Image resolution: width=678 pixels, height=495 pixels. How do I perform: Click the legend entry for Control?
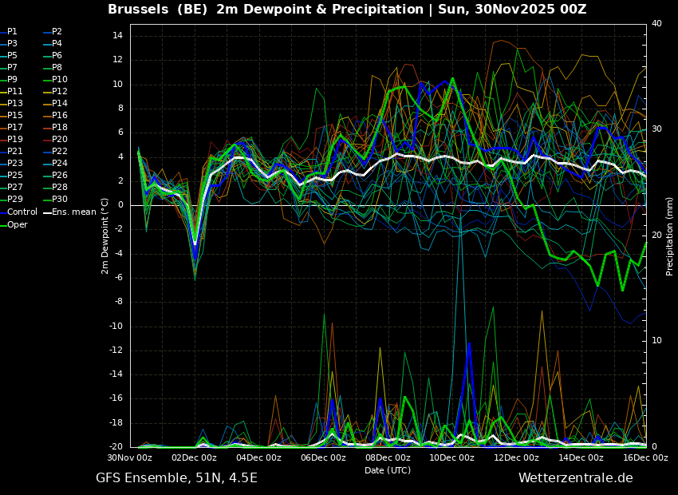point(22,212)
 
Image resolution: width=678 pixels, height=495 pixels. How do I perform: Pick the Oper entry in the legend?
point(18,224)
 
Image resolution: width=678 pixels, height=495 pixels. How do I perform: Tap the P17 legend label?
point(15,127)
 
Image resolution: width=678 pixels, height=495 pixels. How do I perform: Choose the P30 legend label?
point(60,199)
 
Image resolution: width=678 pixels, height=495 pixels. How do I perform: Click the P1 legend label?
point(12,31)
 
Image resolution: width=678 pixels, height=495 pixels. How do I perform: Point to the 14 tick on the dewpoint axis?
point(116,36)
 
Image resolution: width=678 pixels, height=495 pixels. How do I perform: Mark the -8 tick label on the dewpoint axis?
point(116,302)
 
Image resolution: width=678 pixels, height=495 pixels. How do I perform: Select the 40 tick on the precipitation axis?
point(656,24)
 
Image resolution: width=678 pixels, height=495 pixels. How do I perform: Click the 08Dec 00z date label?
point(388,458)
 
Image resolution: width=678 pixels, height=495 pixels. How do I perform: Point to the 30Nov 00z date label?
point(130,458)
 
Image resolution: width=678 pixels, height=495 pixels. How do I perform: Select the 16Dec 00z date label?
point(645,458)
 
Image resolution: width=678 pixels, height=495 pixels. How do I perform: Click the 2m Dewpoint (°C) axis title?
point(104,236)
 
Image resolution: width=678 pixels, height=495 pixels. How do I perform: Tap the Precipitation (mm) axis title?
point(670,236)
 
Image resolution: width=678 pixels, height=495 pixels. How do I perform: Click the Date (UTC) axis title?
point(388,470)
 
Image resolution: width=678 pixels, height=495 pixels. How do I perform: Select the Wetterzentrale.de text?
point(575,478)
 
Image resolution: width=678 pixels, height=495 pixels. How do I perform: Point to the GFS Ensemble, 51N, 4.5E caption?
point(176,478)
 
